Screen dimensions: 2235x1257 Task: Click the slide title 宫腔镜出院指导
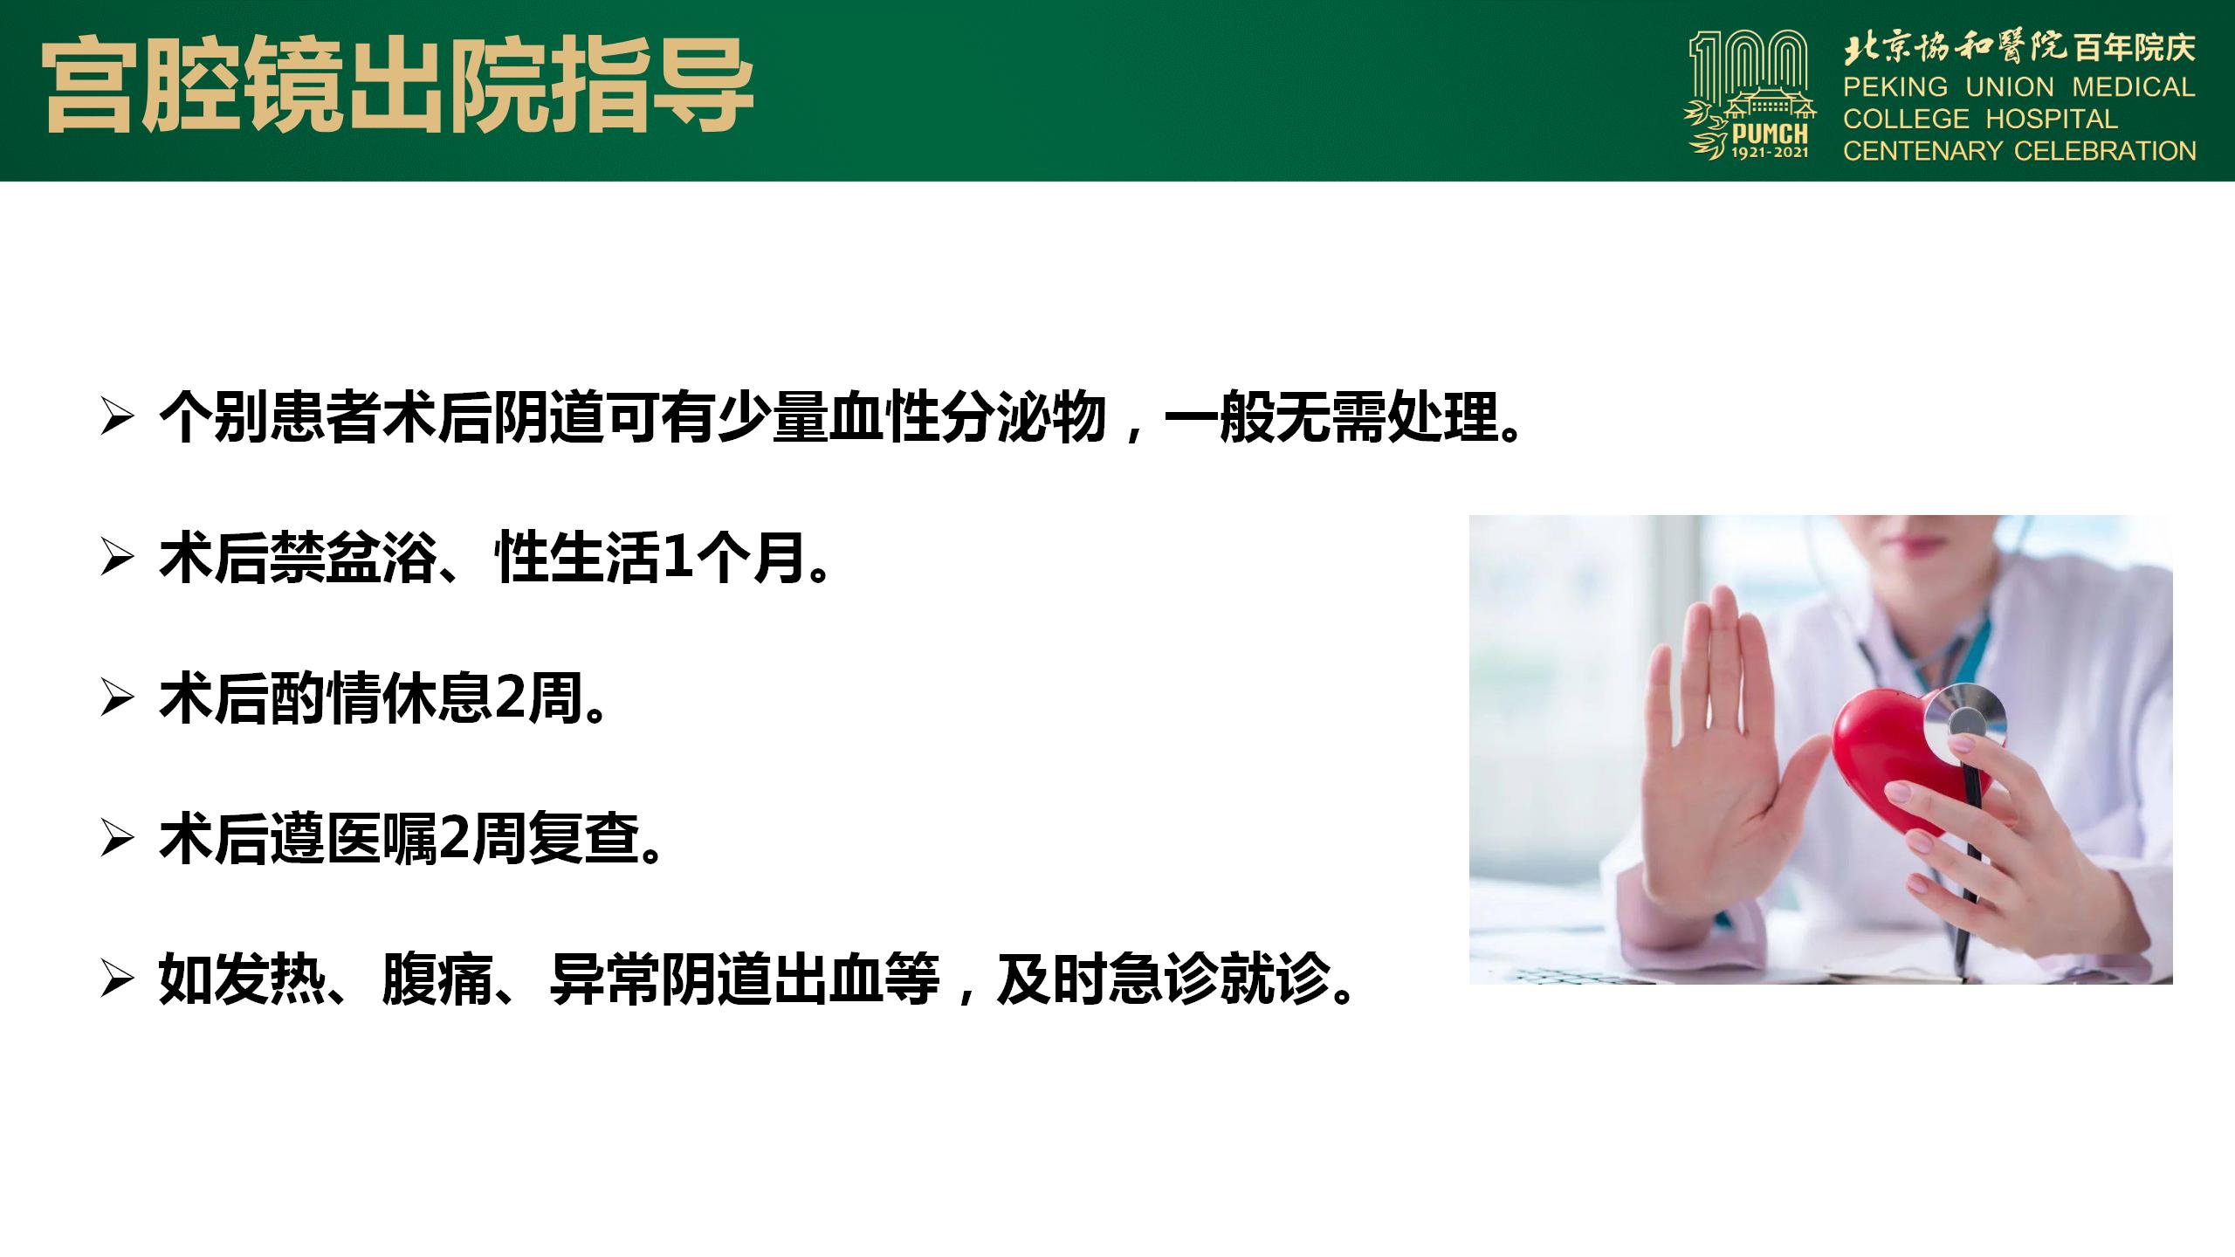pyautogui.click(x=399, y=86)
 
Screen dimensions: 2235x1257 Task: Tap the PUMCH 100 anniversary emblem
pyautogui.click(x=1750, y=95)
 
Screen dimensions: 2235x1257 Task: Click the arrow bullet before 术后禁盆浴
pyautogui.click(x=117, y=559)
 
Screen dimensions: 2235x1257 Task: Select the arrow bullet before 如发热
pyautogui.click(x=117, y=979)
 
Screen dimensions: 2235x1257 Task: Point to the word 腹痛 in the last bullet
pyautogui.click(x=438, y=979)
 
